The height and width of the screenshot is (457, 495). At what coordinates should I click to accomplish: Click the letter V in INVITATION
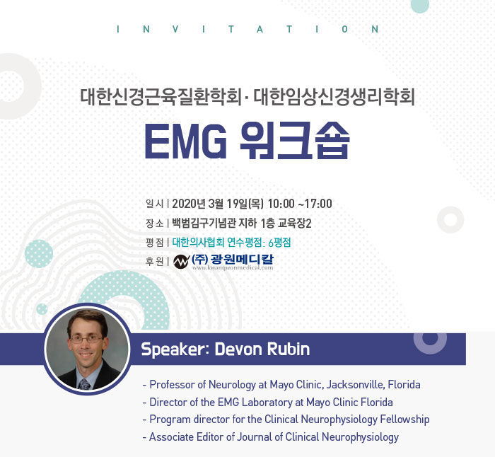click(175, 29)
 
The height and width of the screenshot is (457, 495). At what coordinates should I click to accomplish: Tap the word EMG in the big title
click(185, 141)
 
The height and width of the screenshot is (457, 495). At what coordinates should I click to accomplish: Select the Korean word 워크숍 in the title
click(295, 141)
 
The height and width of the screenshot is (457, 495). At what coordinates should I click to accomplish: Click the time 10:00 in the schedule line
click(281, 204)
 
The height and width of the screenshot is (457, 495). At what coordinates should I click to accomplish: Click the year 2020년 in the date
click(189, 204)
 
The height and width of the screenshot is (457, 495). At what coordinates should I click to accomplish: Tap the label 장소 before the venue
click(154, 224)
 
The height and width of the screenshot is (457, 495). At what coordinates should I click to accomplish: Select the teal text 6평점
click(279, 243)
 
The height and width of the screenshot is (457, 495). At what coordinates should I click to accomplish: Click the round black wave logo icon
click(181, 262)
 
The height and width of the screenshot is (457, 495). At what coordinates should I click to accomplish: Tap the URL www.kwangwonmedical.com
click(233, 268)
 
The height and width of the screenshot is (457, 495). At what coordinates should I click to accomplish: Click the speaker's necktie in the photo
click(84, 384)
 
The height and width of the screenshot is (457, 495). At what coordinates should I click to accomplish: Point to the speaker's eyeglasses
click(86, 340)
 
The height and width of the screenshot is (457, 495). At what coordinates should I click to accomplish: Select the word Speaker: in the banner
click(175, 349)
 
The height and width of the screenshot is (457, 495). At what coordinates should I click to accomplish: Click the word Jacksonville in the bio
click(356, 385)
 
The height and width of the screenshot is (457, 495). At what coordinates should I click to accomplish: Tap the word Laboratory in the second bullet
click(267, 403)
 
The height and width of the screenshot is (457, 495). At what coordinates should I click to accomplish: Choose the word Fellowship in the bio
click(404, 420)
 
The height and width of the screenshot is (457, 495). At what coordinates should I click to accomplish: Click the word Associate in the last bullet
click(171, 436)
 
